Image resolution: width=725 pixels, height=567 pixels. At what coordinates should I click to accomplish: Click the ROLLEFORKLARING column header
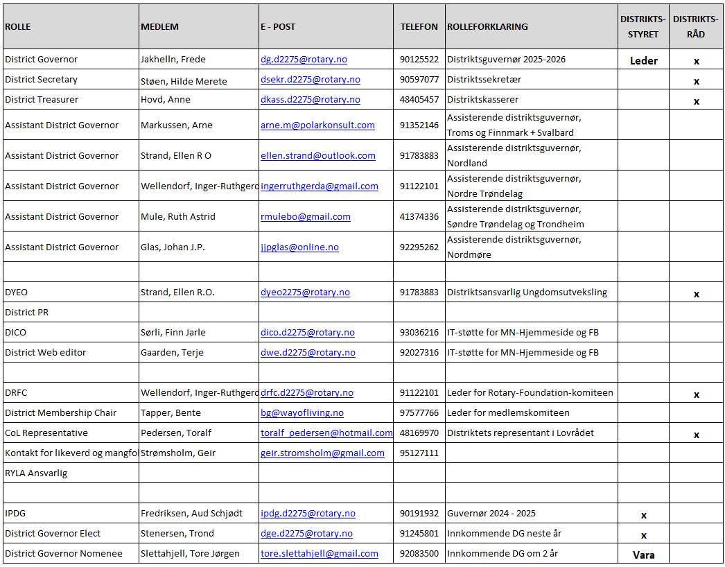coord(487,27)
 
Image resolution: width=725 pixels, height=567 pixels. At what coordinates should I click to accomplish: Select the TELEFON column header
coord(419,27)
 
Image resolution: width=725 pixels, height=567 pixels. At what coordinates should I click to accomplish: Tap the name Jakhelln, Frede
coord(173,60)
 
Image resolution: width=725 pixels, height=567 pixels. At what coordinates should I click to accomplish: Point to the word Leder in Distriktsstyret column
coord(643,61)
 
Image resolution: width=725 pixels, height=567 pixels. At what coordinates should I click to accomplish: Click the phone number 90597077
coord(419,80)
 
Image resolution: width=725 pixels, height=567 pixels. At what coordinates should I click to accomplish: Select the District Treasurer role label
coord(42,100)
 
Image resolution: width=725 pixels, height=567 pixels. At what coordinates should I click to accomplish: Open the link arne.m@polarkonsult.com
coord(317,125)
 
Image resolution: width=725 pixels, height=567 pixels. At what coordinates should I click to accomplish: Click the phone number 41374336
coord(419,217)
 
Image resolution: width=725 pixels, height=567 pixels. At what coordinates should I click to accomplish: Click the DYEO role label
coord(17,293)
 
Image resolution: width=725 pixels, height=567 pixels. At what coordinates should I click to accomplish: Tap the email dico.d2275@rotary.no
coord(308,333)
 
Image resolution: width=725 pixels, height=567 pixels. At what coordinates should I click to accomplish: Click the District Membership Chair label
coord(60,413)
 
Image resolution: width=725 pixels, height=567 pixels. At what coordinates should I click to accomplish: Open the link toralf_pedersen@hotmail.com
coord(326,433)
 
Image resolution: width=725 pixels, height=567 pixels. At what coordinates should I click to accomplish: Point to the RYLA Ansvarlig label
coord(36,473)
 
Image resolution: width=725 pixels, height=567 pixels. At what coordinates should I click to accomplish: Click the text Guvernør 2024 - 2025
coord(491,514)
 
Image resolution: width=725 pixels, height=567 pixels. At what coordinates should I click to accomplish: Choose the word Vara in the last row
coord(643,555)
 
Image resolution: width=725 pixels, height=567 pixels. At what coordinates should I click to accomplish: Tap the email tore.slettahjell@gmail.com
coord(320,554)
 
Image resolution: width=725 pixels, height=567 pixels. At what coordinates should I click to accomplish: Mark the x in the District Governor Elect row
coord(643,535)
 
